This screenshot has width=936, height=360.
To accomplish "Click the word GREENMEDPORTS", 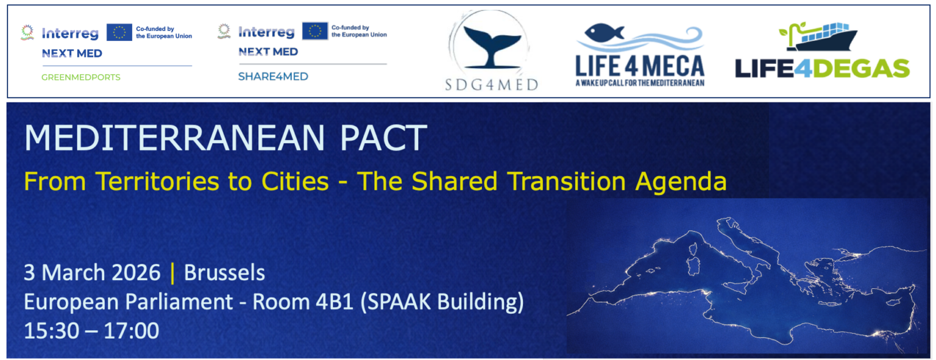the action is click(80, 77).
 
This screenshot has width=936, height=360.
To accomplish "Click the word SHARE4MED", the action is click(273, 76).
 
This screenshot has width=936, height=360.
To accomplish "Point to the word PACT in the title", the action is click(383, 138).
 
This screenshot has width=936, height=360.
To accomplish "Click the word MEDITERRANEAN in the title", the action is click(174, 138).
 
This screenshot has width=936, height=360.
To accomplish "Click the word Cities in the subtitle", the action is click(295, 182).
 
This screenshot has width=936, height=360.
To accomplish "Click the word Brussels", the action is click(224, 273).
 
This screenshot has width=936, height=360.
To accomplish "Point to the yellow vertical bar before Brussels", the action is click(172, 273).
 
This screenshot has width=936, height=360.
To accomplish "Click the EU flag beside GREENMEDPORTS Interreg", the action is click(119, 32).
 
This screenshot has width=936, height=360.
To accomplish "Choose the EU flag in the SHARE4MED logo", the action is click(314, 31).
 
